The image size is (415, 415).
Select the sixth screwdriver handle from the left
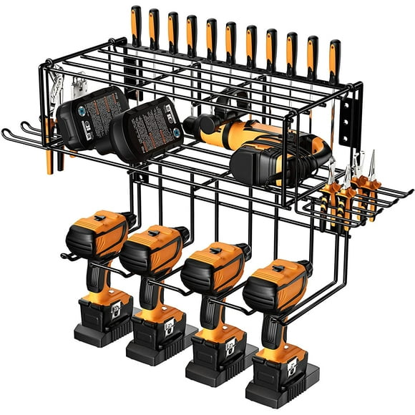coord(230,39)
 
